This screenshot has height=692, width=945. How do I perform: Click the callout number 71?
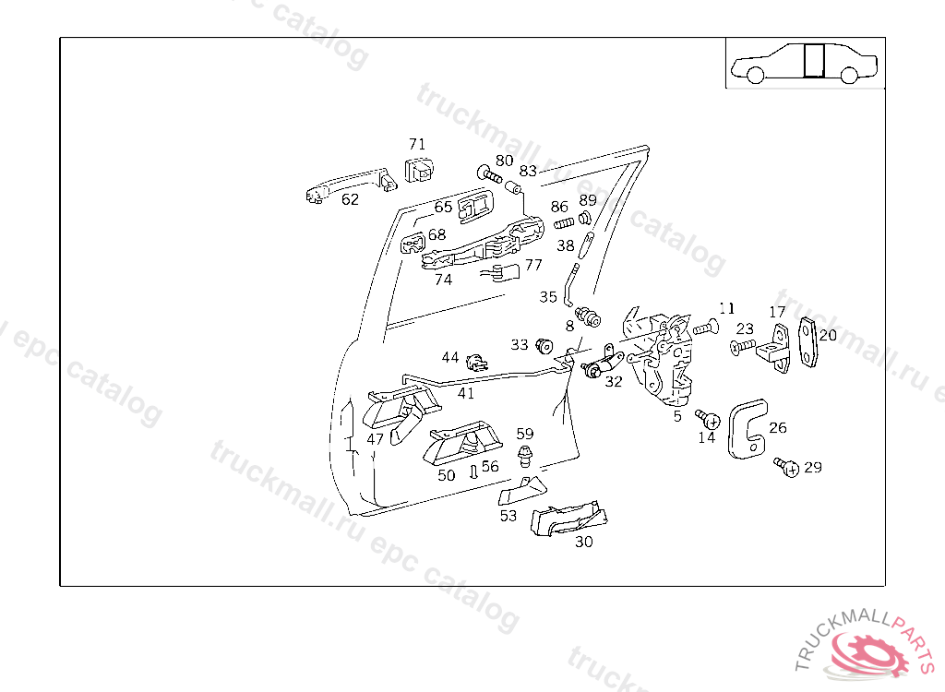417,144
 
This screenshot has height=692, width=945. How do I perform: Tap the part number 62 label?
350,199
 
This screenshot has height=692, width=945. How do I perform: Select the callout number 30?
583,542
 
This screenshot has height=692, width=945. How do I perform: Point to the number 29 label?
812,467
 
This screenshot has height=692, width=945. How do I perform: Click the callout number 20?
828,335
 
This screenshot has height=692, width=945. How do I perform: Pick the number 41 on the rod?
466,393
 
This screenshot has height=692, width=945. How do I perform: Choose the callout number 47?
375,439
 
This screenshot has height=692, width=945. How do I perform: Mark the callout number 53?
508,516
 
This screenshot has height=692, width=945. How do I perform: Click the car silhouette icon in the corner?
805,63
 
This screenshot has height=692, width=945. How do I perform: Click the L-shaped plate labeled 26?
748,429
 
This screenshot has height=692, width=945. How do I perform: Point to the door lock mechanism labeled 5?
669,360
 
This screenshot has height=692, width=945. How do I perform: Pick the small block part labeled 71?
420,170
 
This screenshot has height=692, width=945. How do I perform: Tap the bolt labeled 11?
704,328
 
